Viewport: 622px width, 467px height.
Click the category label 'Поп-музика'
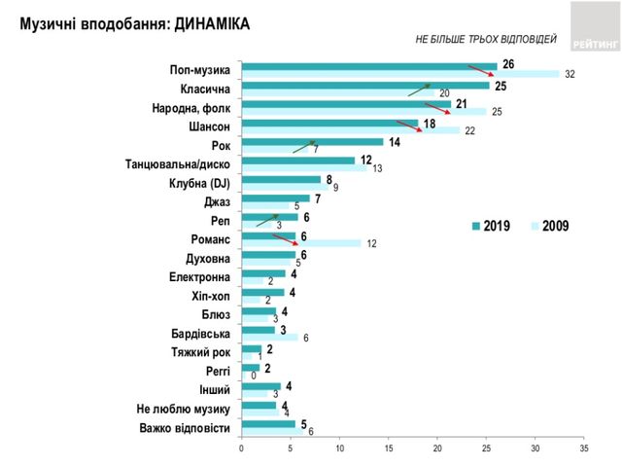(x=198, y=71)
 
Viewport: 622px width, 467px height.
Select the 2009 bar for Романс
(x=301, y=243)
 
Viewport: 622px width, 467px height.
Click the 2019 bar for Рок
(x=311, y=142)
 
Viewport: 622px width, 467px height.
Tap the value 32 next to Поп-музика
(x=570, y=75)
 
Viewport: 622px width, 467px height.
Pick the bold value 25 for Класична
(x=501, y=86)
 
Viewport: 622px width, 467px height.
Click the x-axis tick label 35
(x=583, y=449)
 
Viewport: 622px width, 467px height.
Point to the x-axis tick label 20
(x=437, y=449)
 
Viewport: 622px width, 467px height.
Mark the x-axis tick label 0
(x=242, y=449)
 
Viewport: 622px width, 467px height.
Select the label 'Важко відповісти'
(x=184, y=428)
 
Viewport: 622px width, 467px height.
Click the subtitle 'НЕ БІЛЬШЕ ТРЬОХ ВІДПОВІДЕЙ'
(x=486, y=40)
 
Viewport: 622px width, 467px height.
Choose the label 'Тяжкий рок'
(x=198, y=352)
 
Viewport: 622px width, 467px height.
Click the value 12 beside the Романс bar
(x=371, y=244)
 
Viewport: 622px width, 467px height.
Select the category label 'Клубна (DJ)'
(x=197, y=183)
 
